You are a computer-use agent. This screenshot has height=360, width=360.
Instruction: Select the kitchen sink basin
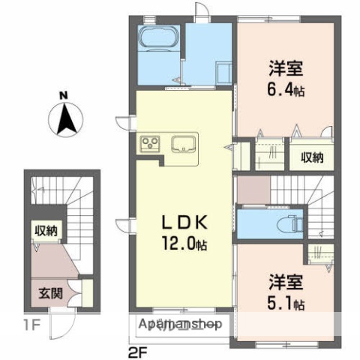coord(184,144)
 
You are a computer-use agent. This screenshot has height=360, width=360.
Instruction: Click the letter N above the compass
coord(64,95)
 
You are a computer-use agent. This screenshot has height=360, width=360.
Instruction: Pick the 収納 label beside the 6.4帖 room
coord(313,157)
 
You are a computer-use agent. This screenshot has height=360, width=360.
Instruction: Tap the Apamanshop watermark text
coord(181,324)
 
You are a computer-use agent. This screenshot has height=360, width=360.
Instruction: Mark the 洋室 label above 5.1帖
coord(286,284)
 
